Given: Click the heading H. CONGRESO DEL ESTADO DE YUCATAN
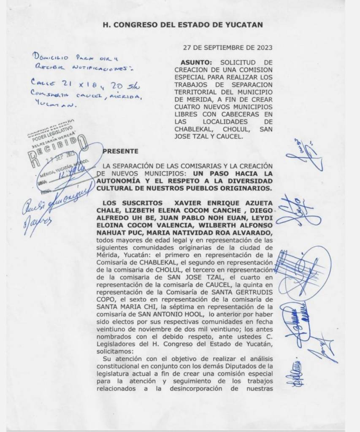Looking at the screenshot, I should (183, 25).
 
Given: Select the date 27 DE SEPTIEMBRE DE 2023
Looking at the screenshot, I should (227, 47).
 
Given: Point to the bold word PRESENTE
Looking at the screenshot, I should (120, 151).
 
